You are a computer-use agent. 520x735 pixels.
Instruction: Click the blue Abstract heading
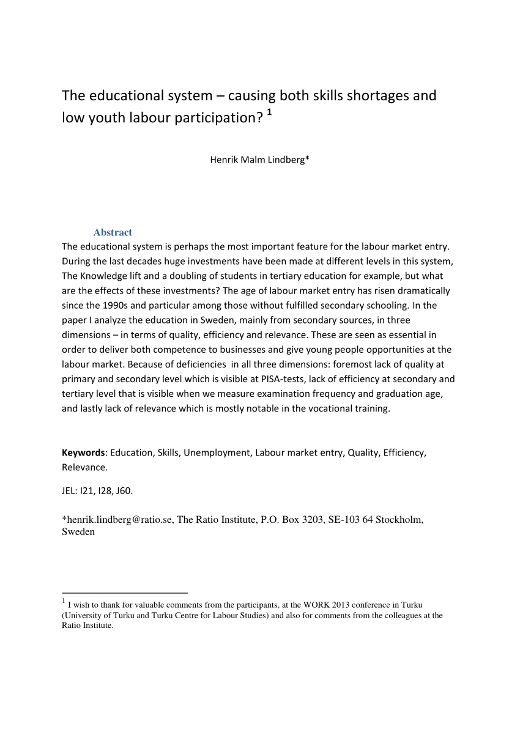click(113, 232)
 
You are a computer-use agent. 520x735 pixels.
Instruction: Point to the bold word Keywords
click(83, 453)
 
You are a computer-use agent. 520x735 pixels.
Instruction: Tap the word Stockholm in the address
click(399, 520)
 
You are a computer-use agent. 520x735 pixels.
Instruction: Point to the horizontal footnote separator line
click(125, 593)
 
